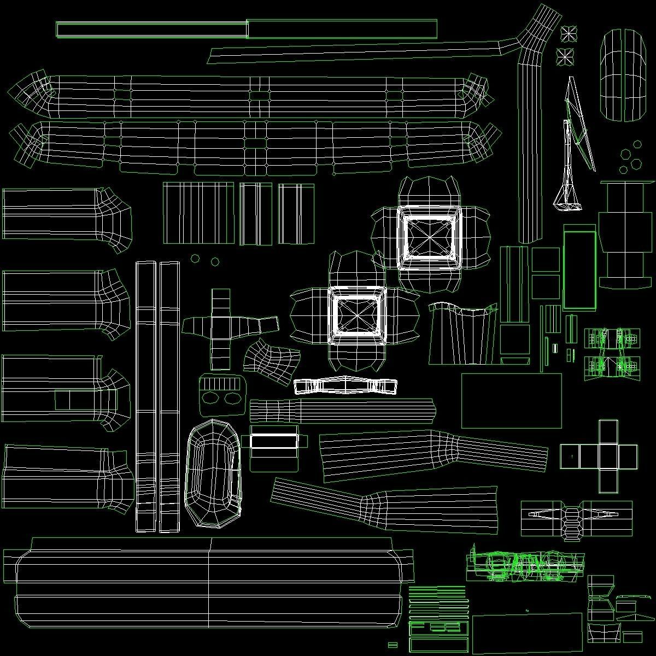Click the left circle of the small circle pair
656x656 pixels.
click(195, 258)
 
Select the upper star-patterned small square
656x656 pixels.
click(569, 34)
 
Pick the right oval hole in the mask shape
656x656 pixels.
click(233, 399)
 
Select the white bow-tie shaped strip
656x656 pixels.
click(345, 386)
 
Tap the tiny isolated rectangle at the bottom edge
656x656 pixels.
click(392, 645)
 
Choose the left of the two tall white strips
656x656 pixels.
click(146, 396)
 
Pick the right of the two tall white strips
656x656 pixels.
click(169, 396)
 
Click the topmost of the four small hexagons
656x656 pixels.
click(637, 145)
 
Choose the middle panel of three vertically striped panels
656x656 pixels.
click(255, 213)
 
